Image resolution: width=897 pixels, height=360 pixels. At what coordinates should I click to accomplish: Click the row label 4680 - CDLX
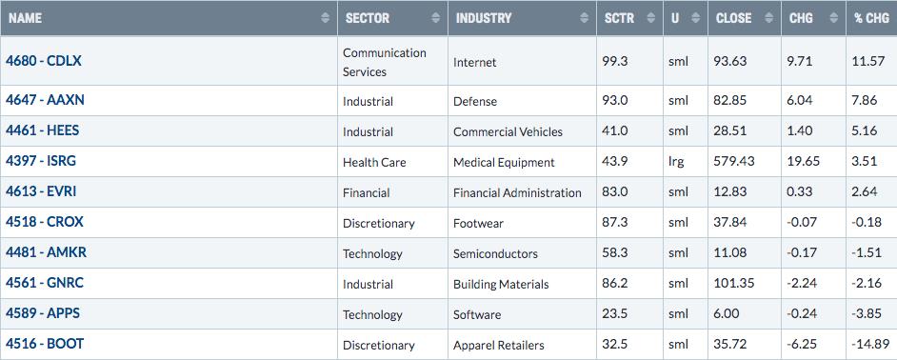[x=44, y=61]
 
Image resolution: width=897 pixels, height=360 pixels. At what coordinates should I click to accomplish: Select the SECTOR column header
[x=368, y=18]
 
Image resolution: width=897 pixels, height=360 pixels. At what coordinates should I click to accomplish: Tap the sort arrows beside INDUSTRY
[x=584, y=18]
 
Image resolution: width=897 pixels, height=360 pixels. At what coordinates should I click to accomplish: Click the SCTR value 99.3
[x=615, y=61]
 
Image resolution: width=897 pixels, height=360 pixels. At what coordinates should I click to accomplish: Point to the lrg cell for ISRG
[x=676, y=161]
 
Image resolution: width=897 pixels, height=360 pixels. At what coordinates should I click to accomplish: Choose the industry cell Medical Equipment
[x=504, y=163]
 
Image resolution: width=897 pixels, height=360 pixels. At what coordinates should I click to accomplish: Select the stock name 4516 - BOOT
[x=45, y=344]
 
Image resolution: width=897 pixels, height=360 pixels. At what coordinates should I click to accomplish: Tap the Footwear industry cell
[x=478, y=223]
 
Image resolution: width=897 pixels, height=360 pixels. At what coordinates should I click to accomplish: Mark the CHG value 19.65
[x=802, y=161]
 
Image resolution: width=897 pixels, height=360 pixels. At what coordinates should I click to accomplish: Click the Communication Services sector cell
[x=385, y=62]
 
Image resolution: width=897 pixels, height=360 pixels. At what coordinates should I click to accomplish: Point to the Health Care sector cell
[x=374, y=162]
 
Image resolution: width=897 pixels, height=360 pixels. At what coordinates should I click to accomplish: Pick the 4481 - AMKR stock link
[x=47, y=251]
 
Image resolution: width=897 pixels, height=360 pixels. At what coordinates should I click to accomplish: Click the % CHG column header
[x=872, y=18]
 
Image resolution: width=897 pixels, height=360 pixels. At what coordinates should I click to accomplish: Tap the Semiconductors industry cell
[x=495, y=253]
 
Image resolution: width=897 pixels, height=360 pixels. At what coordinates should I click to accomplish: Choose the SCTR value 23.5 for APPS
[x=615, y=314]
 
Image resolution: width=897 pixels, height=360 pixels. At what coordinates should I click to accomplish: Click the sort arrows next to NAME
[x=325, y=18]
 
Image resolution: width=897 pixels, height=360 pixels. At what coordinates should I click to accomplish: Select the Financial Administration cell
[x=517, y=193]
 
